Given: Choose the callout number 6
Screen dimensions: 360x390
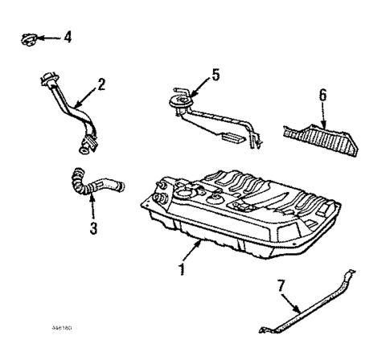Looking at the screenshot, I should [x=322, y=95].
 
